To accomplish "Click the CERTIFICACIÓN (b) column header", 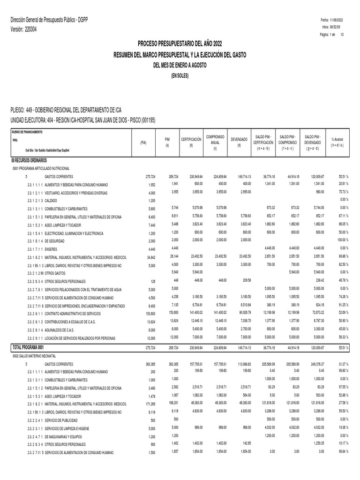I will pyautogui.click(x=191, y=142).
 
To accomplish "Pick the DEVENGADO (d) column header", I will pyautogui.click(x=239, y=142).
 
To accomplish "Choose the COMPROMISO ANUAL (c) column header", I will pyautogui.click(x=215, y=142).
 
